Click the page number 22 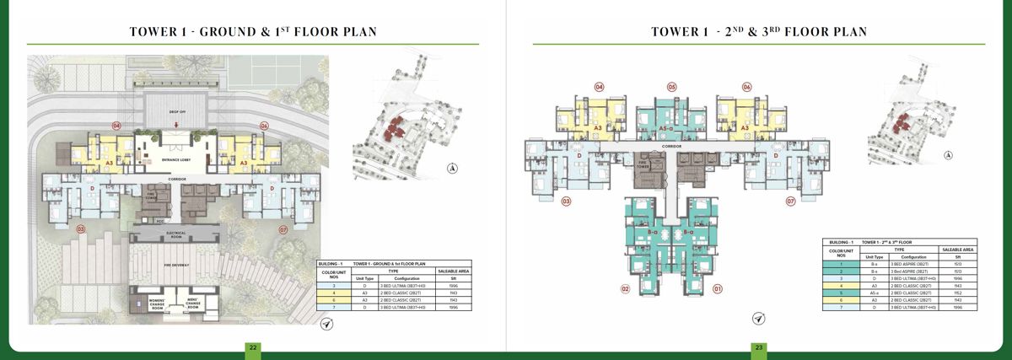tap(251, 347)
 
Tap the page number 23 tap(759, 347)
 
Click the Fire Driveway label tap(175, 266)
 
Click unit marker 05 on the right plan tap(672, 86)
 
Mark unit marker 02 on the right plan tap(626, 290)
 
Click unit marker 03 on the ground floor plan tap(82, 228)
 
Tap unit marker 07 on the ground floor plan tap(284, 228)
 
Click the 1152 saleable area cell tap(957, 292)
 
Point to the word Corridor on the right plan tap(672, 146)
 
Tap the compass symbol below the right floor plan tap(758, 319)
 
